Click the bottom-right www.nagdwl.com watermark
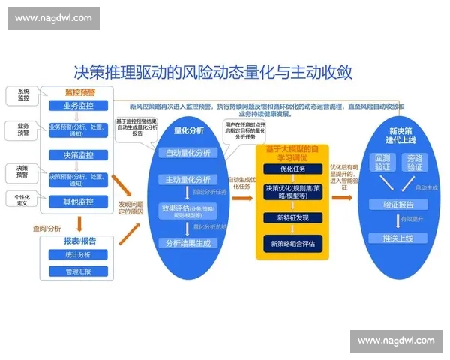(396, 341)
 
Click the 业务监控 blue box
(79, 106)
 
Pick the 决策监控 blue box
(79, 155)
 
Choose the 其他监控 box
(79, 202)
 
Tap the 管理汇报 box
(79, 271)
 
